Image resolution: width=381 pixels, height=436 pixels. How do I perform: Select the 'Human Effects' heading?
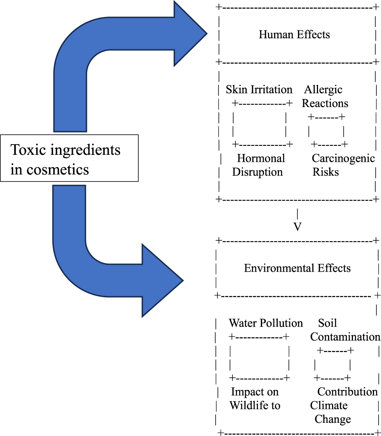pos(294,34)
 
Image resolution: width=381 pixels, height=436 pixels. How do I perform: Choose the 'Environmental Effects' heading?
pos(297,268)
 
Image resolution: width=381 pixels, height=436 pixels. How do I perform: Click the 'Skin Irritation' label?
pos(259,90)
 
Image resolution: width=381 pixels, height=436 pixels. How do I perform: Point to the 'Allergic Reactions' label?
pos(325,96)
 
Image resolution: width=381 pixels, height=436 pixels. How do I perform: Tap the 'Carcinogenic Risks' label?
pos(343,165)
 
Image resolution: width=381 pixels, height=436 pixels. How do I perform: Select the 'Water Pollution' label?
pos(265,323)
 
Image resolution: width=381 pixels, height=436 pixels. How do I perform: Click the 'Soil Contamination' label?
pos(345,330)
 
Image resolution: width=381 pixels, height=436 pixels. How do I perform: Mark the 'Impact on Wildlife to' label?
pos(255,398)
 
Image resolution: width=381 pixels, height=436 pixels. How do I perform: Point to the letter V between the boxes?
pos(297,227)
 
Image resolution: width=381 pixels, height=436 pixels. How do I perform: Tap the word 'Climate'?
pos(329,405)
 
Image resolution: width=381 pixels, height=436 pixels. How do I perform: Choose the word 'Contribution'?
pos(347,391)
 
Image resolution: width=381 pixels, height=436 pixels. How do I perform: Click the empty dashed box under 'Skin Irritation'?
pos(259,123)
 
